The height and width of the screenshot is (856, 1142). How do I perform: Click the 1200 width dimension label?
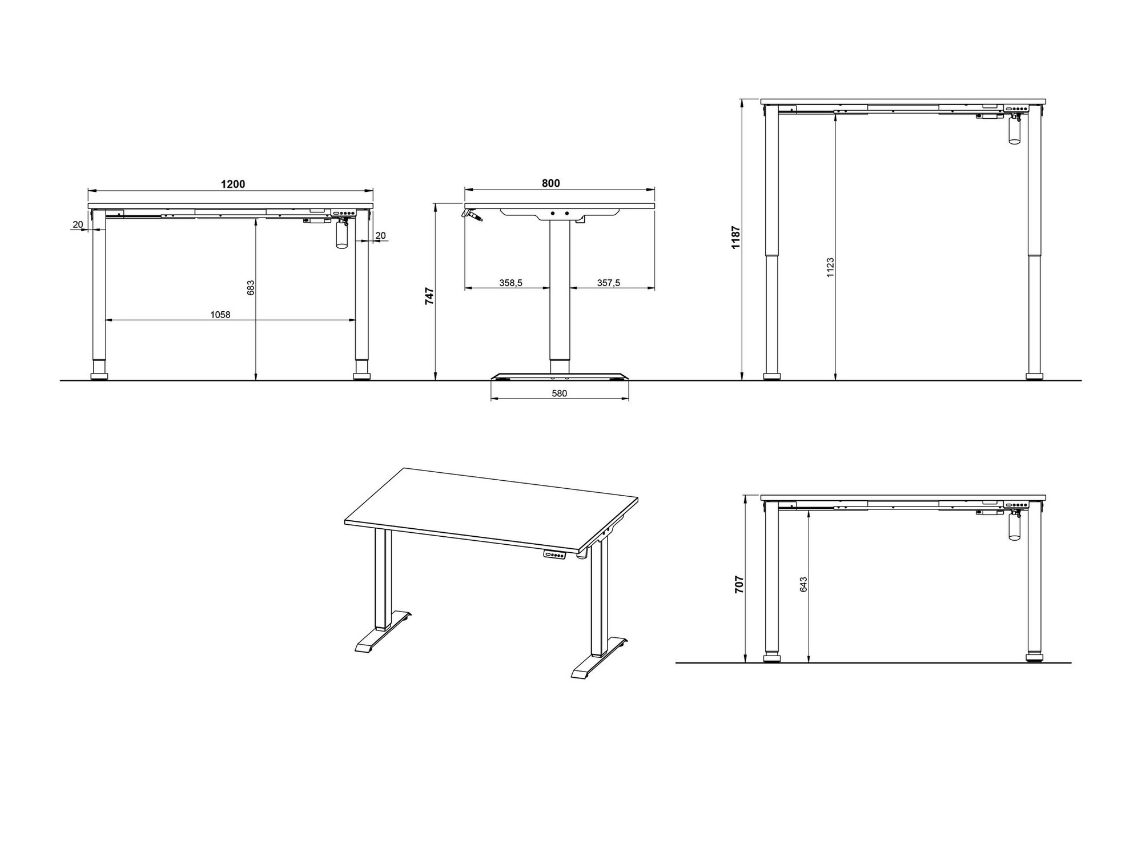[x=233, y=184]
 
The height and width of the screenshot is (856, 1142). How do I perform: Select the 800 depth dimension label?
[x=551, y=183]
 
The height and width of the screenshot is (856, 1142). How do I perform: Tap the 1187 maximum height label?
[x=736, y=237]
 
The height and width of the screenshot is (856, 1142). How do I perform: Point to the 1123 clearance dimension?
[x=830, y=267]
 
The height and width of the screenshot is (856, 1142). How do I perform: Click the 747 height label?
[x=430, y=296]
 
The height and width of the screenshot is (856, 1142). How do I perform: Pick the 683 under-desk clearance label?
[x=251, y=287]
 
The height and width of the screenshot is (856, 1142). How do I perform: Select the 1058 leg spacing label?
[x=220, y=315]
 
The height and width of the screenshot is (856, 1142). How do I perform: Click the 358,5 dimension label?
[x=511, y=283]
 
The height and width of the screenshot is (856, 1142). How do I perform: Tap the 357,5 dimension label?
[x=609, y=283]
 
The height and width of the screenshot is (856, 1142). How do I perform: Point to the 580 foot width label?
[x=560, y=393]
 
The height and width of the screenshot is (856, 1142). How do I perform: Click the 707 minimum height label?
[x=739, y=585]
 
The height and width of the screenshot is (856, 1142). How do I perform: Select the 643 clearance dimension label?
[x=803, y=584]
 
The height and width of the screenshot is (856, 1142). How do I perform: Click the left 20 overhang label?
[x=78, y=224]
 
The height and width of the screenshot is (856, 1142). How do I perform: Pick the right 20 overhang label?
[x=380, y=235]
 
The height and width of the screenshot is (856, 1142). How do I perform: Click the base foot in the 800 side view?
[x=560, y=377]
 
